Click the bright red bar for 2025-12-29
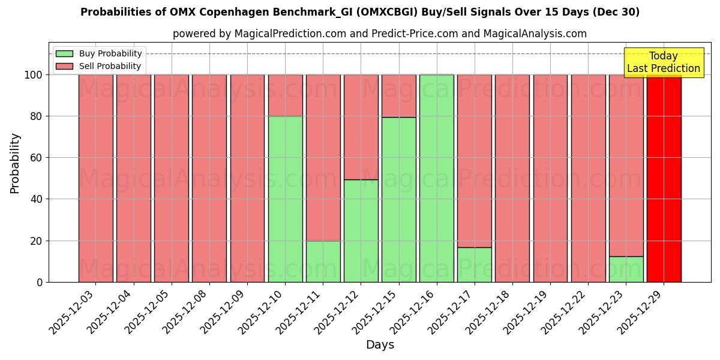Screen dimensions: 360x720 664,180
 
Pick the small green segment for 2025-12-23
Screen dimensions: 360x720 626,269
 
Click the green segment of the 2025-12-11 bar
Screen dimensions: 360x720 323,262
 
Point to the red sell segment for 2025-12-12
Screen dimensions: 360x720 361,127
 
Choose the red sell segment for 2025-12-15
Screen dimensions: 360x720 398,95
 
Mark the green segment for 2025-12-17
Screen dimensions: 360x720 474,265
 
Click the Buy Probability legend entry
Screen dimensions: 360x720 99,54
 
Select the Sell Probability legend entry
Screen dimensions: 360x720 99,66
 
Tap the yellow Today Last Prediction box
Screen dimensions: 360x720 664,62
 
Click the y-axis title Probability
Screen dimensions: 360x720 16,163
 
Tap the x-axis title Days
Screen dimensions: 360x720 380,345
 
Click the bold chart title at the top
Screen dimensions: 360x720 360,12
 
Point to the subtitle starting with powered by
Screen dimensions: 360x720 379,34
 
